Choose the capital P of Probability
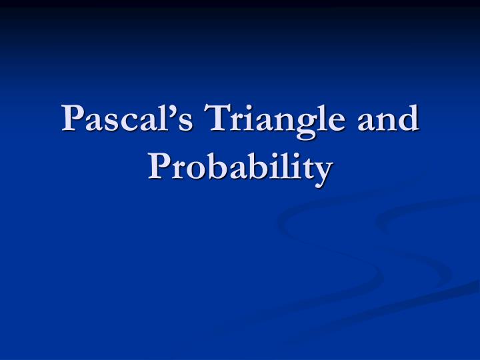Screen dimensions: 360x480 click(x=159, y=167)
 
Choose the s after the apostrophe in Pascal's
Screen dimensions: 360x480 click(x=174, y=123)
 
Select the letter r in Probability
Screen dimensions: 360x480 click(x=180, y=171)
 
